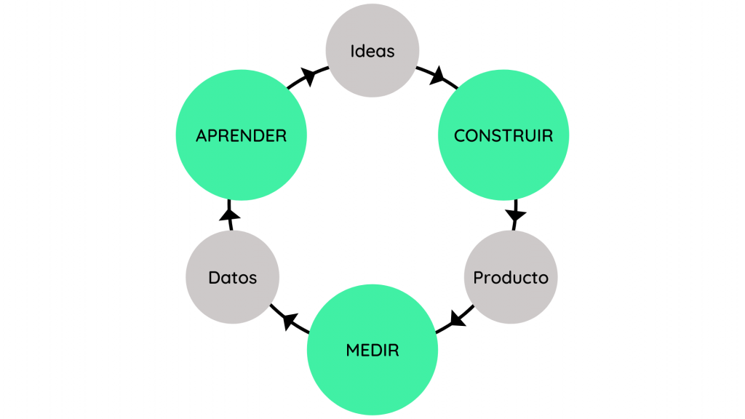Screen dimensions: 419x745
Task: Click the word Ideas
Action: coord(372,51)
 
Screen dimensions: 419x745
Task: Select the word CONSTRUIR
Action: coord(503,135)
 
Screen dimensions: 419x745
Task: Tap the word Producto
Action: coord(510,278)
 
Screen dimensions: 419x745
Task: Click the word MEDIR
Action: coord(372,350)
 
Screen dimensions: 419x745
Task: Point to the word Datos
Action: coord(232,278)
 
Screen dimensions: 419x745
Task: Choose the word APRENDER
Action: coord(241,135)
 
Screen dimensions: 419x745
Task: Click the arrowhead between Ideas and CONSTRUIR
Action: coord(438,76)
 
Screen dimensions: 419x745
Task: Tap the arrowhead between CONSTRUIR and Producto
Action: coord(516,215)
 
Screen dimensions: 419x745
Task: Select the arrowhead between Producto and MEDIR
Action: coord(457,319)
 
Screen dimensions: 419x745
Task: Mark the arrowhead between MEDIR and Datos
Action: coord(289,319)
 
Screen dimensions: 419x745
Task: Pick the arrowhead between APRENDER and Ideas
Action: coord(308,75)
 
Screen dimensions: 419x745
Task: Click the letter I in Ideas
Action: coord(353,51)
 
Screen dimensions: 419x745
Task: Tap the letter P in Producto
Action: coord(478,278)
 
